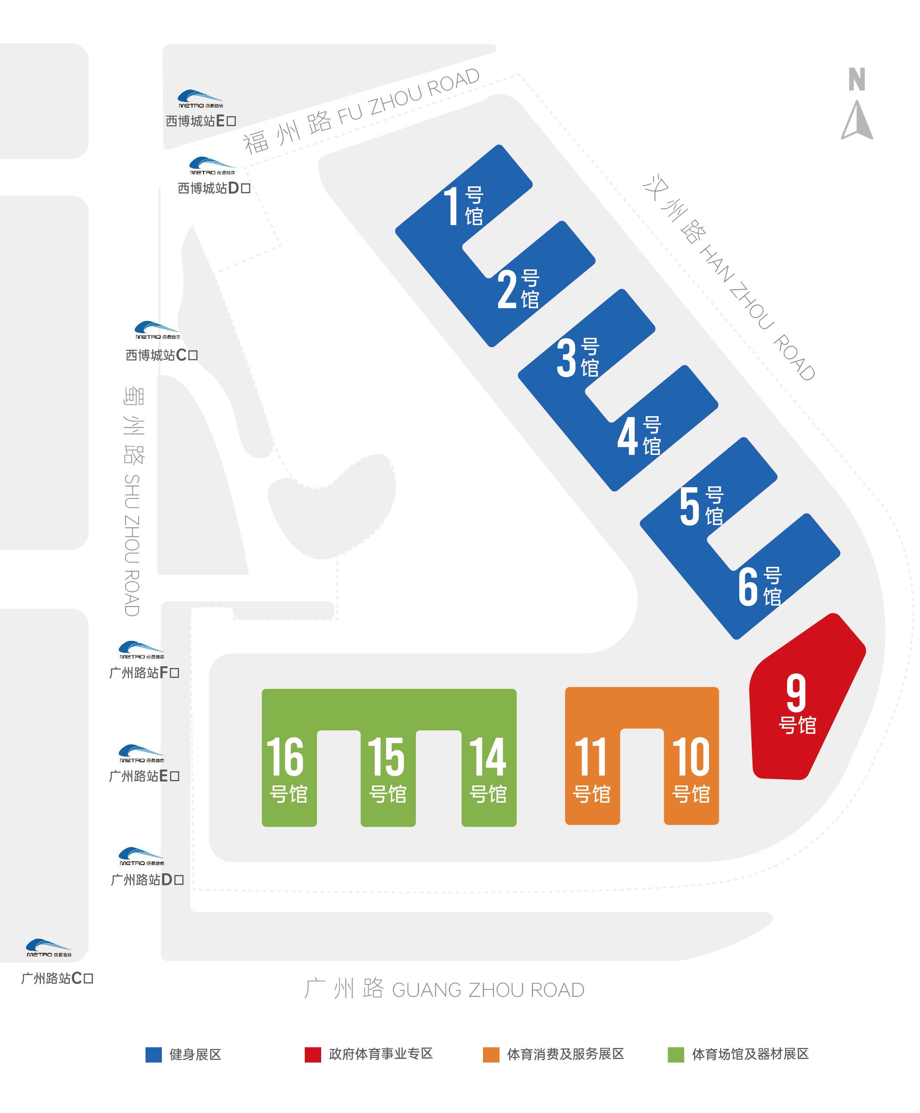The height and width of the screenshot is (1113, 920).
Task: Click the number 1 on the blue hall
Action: click(452, 206)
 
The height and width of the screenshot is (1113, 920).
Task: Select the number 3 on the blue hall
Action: click(567, 358)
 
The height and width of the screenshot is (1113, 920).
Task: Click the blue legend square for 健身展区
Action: click(154, 1055)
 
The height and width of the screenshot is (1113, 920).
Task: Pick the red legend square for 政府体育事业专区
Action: click(313, 1055)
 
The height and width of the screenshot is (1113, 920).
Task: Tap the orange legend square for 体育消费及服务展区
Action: click(491, 1055)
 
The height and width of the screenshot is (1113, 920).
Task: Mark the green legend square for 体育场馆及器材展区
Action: click(676, 1055)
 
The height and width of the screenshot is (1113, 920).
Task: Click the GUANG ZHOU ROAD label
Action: click(488, 990)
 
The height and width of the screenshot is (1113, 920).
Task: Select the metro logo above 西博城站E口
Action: click(200, 99)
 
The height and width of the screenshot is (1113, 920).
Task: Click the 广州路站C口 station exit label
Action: click(57, 978)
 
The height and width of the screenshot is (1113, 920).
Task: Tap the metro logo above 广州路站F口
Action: click(142, 650)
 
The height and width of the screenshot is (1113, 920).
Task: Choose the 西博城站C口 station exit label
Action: click(161, 355)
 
